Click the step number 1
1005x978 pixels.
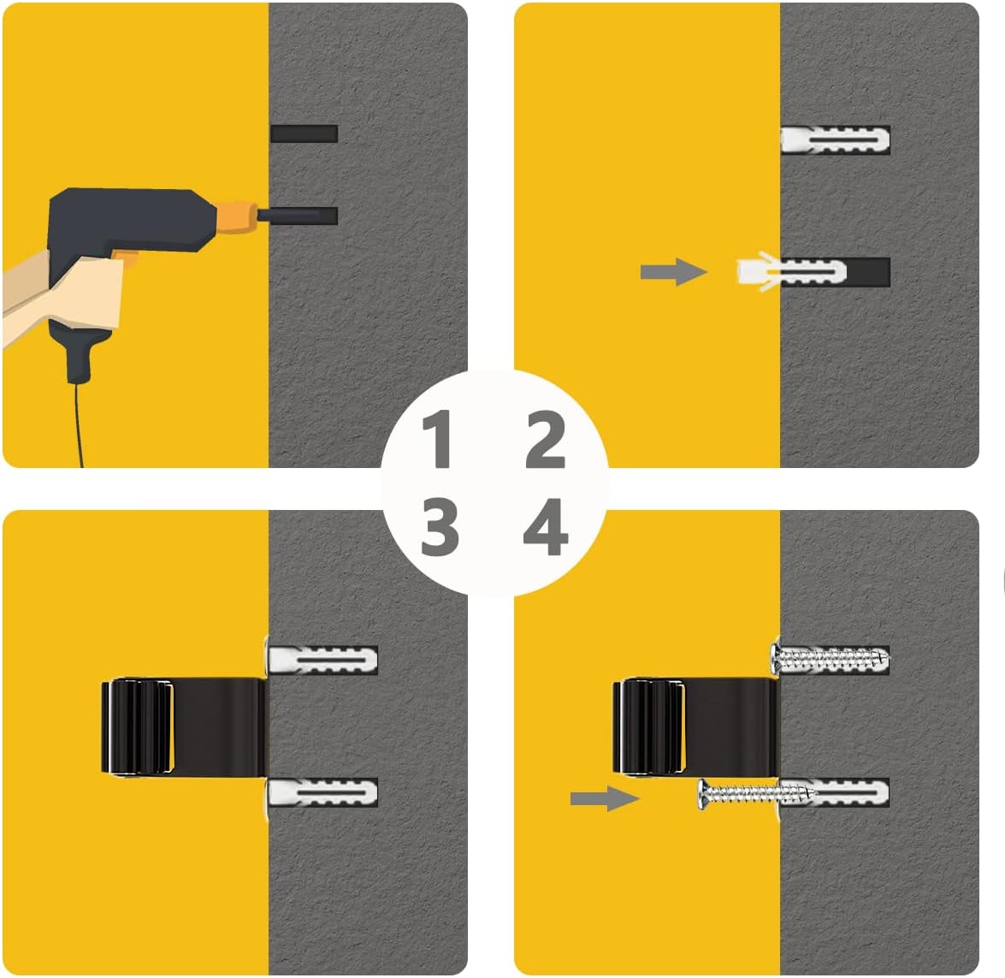point(438,439)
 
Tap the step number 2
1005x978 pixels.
point(546,439)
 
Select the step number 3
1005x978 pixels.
point(440,527)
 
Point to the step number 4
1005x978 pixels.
point(546,527)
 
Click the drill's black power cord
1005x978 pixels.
point(79,424)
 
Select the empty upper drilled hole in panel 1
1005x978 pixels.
point(304,133)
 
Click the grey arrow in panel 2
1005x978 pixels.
point(673,272)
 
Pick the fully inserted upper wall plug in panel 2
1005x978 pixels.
point(835,139)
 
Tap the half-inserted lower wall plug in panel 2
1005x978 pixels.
point(791,272)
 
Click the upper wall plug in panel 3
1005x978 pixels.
point(322,659)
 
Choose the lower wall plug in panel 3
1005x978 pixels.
point(322,792)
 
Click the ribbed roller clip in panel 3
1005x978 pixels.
point(138,726)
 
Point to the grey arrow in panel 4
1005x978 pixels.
point(605,798)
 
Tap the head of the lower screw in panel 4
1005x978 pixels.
point(704,794)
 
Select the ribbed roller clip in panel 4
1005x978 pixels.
point(648,726)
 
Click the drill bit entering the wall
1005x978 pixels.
point(298,216)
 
